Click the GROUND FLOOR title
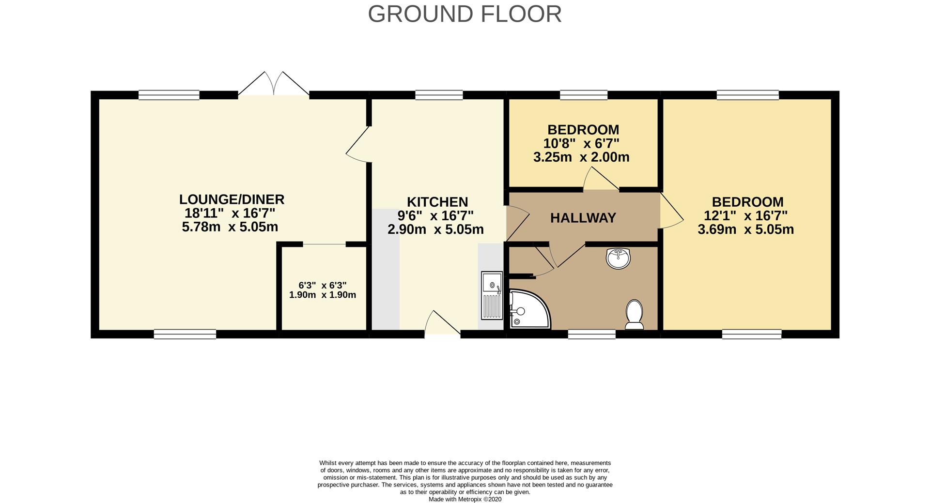(465, 14)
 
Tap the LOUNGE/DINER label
(232, 199)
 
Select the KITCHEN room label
(437, 202)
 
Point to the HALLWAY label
(583, 218)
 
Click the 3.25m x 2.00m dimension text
(581, 157)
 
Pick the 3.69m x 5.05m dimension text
(746, 229)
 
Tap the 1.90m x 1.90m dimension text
(323, 295)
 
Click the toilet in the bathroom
(635, 314)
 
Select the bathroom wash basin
(618, 258)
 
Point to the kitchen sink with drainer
(492, 295)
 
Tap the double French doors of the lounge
(274, 83)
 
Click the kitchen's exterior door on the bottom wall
(442, 322)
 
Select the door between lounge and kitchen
(358, 144)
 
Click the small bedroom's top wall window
(584, 95)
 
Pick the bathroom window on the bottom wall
(592, 334)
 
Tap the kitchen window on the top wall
(439, 95)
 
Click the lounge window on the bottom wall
(185, 334)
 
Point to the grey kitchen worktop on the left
(386, 269)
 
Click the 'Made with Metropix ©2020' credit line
(465, 499)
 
